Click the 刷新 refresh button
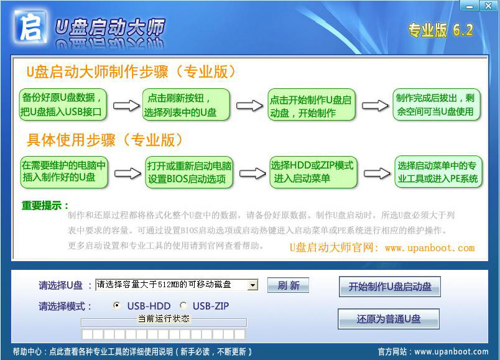[288, 285]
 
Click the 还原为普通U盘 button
[389, 319]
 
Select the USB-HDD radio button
[117, 306]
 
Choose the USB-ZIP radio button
[183, 306]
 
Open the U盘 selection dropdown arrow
[252, 285]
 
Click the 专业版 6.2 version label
[440, 30]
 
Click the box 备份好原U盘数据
[64, 104]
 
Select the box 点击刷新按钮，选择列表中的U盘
[187, 104]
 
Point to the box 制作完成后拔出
[438, 104]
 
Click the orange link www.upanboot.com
[429, 247]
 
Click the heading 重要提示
[45, 205]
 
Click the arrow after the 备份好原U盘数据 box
[126, 106]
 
